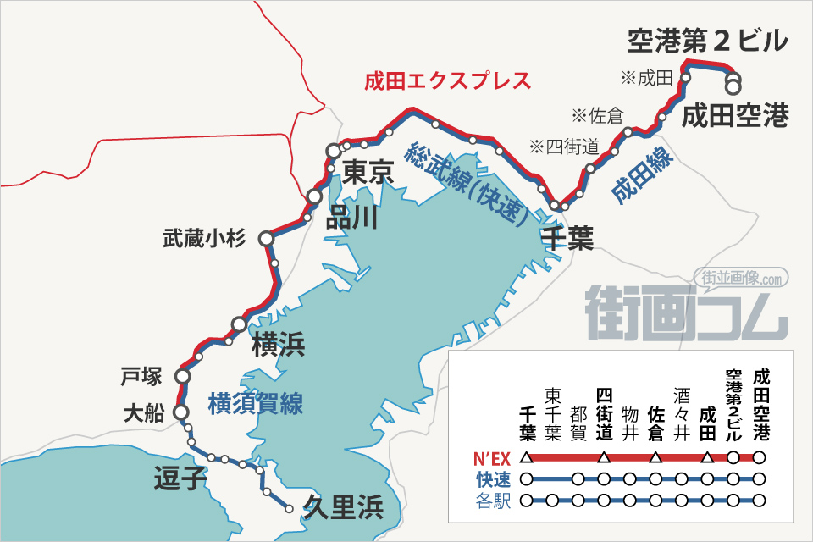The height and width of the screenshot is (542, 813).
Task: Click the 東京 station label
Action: pos(369,174)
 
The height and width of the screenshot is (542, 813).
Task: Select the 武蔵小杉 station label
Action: pos(204,239)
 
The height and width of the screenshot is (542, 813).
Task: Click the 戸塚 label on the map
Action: pos(141,374)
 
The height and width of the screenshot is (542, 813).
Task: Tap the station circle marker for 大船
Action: pos(180,412)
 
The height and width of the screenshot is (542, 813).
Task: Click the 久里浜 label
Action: pos(343,507)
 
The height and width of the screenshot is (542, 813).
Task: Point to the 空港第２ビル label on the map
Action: pos(708,41)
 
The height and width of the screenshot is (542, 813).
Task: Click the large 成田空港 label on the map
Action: pos(735,114)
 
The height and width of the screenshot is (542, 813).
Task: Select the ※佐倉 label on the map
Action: pos(597,114)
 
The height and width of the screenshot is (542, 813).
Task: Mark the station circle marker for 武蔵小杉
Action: pos(266,240)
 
